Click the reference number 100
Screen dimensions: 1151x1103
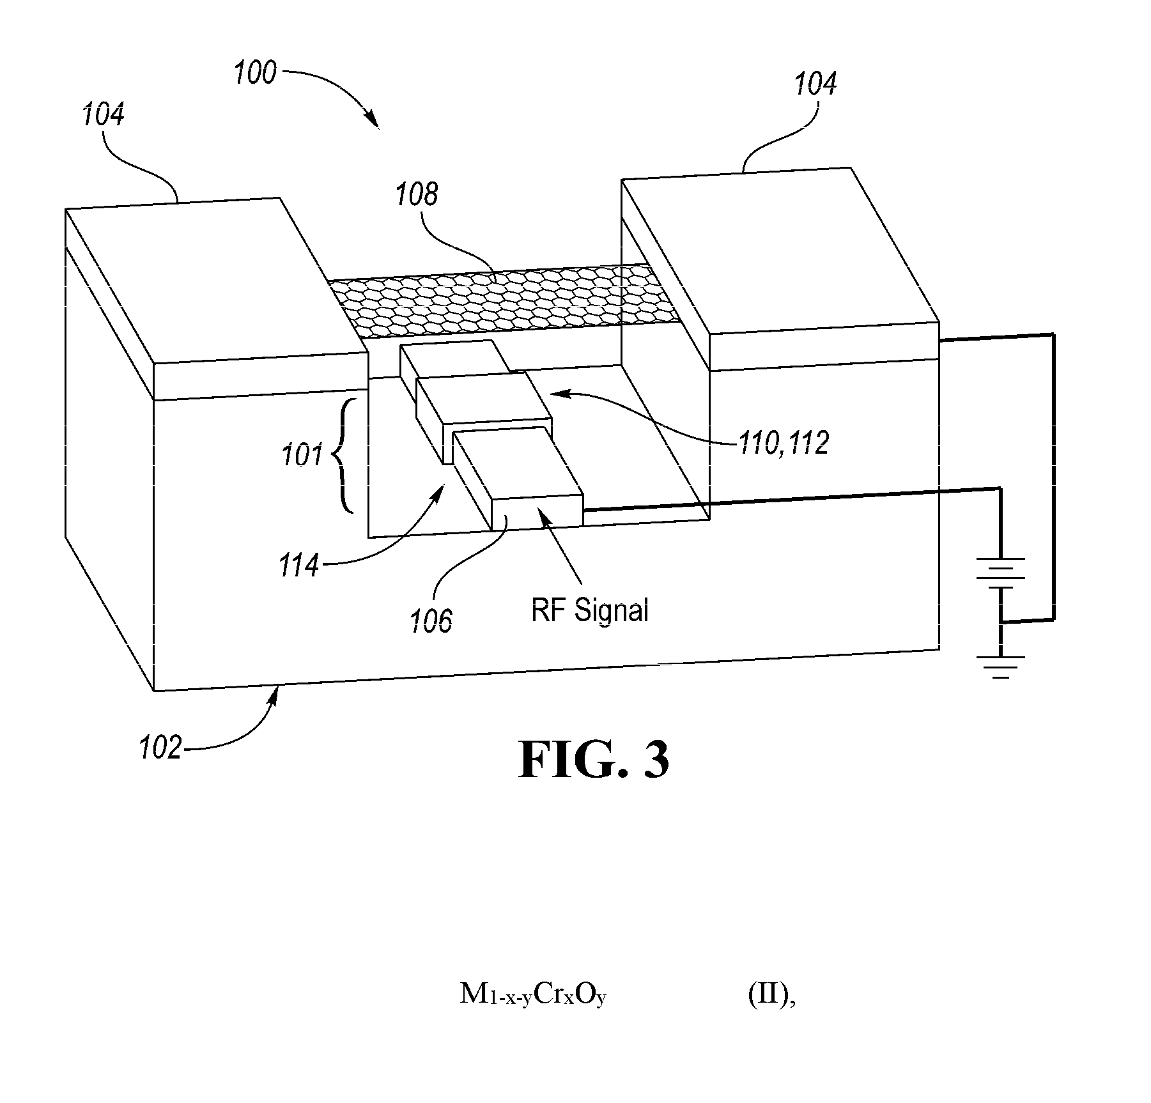click(255, 73)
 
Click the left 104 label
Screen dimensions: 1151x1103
click(103, 115)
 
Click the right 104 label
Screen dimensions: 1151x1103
click(815, 84)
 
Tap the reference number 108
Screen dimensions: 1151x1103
click(417, 194)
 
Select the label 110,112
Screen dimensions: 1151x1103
click(784, 442)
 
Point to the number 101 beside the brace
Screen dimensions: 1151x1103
click(302, 456)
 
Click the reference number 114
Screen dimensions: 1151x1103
click(298, 566)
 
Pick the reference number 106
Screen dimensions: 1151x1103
click(431, 621)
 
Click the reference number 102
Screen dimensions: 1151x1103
click(160, 747)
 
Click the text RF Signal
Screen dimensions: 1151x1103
click(590, 610)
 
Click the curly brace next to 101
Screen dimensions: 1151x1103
click(344, 456)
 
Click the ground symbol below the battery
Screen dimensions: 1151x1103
click(1001, 667)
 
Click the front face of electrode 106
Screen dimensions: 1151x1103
click(537, 512)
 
